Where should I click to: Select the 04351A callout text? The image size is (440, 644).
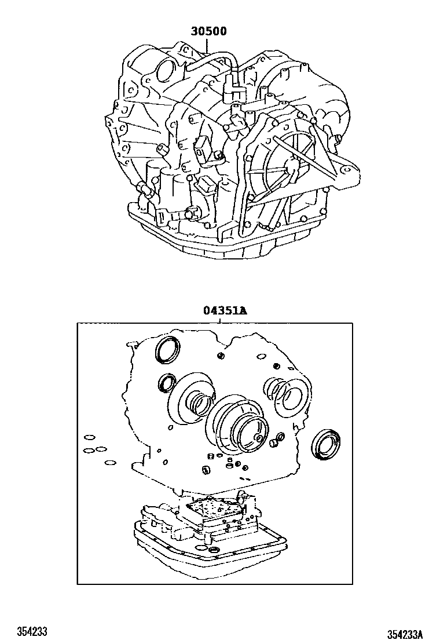click(x=225, y=310)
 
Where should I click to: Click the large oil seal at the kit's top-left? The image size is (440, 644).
click(x=168, y=350)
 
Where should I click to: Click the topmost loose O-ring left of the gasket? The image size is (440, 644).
click(x=89, y=437)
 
